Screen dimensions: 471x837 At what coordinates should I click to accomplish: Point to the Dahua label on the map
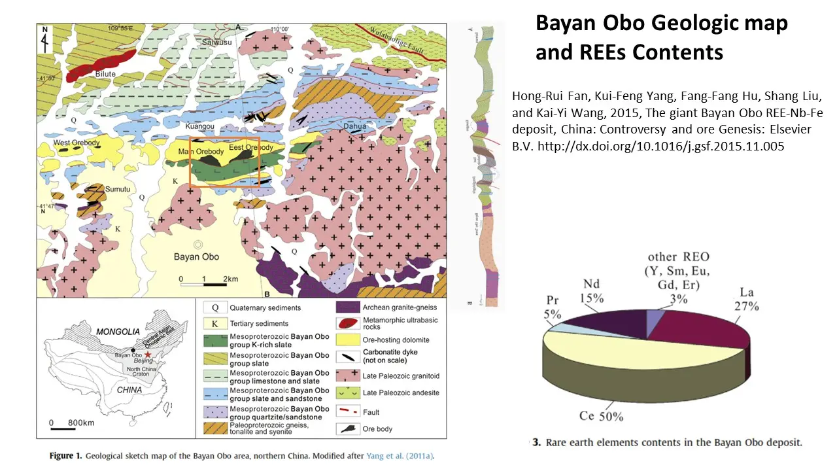point(356,130)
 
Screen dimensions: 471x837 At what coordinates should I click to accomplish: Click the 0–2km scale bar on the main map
point(203,285)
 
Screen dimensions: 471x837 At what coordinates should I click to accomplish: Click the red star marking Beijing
point(148,354)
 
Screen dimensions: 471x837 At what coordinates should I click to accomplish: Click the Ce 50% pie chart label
point(600,417)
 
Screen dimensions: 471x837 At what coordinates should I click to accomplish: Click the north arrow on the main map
point(44,38)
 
